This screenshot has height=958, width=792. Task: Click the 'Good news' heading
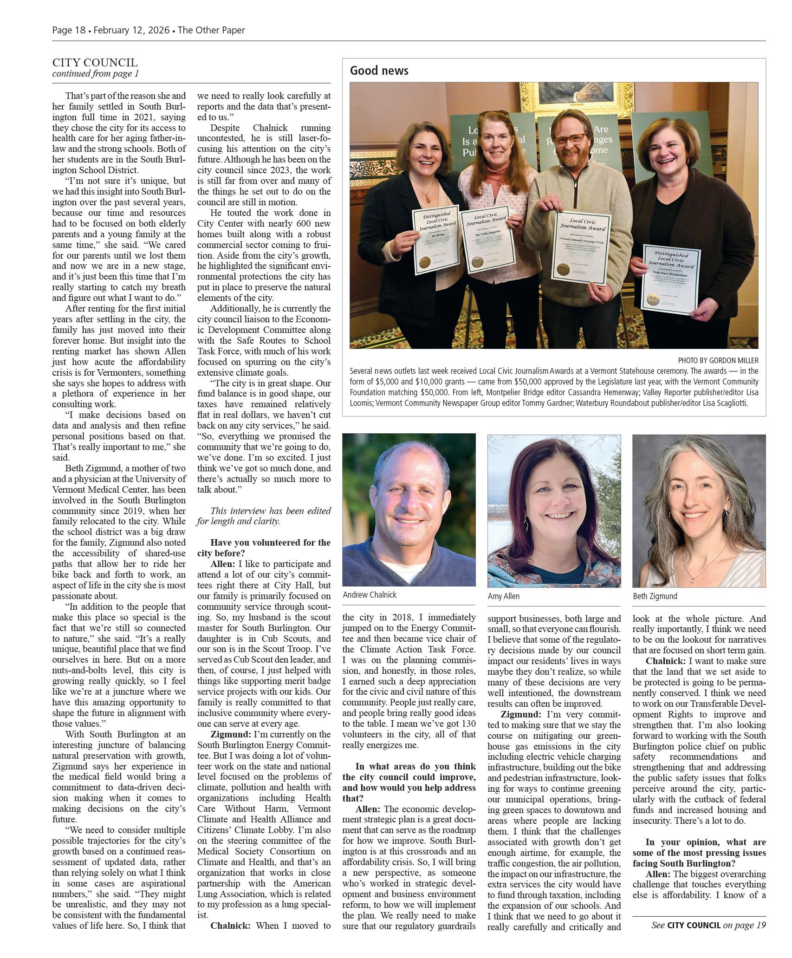[x=379, y=71]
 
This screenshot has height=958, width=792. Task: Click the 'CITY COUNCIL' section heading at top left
[x=95, y=63]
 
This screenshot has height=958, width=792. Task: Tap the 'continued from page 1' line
[x=95, y=74]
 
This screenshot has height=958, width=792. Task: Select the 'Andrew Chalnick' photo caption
[x=370, y=595]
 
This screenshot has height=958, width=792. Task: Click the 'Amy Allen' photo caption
[x=503, y=596]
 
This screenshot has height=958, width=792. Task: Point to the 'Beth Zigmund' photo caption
[x=655, y=596]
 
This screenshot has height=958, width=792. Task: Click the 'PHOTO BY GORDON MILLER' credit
[x=718, y=360]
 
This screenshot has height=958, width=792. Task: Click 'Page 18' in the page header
[x=69, y=30]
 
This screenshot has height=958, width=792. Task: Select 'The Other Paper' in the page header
[x=211, y=30]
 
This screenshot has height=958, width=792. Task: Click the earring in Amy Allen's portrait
[x=526, y=523]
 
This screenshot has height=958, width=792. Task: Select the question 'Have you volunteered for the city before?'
[x=264, y=548]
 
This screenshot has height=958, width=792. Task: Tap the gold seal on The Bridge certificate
[x=425, y=262]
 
